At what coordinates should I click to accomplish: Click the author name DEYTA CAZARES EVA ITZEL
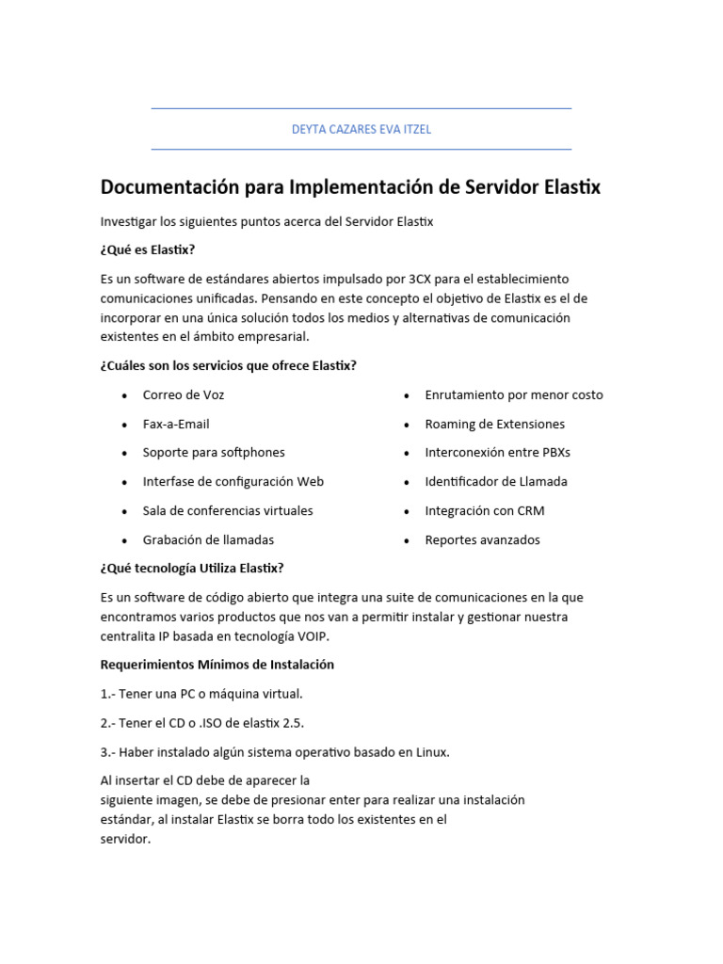point(361,130)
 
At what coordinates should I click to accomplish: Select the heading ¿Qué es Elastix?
point(147,249)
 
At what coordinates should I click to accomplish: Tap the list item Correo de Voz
point(184,394)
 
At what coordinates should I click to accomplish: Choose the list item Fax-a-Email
point(176,424)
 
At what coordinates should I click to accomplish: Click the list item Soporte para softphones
point(214,453)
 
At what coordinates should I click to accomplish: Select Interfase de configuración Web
point(233,481)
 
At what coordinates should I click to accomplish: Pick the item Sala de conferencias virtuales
point(228,510)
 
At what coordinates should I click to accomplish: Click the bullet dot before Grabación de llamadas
point(124,540)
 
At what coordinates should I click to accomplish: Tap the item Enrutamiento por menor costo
point(514,394)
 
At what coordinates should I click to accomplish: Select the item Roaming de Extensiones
point(494,424)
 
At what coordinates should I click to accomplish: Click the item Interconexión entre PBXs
point(497,453)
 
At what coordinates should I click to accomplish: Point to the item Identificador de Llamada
point(496,481)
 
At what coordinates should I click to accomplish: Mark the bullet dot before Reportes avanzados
point(407,540)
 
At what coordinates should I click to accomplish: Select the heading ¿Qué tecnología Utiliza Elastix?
point(192,568)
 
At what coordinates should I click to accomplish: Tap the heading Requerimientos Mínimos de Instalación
point(217,665)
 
